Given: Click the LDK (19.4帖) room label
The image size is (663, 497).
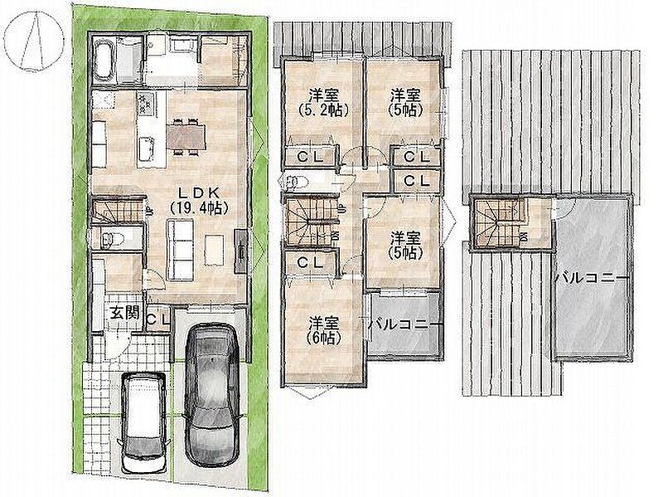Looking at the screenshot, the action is [x=198, y=200].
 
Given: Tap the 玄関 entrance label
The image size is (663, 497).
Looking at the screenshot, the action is [x=125, y=314].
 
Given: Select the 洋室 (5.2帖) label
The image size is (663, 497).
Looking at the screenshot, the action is [x=323, y=102].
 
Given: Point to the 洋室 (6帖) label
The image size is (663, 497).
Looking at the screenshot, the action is [x=323, y=330].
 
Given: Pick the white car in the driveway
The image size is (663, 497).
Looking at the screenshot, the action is [x=143, y=422].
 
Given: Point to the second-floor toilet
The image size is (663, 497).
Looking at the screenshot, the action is [x=297, y=182].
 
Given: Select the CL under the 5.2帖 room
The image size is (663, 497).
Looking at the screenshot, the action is [x=310, y=156].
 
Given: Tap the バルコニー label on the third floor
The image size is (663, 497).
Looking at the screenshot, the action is [x=592, y=278].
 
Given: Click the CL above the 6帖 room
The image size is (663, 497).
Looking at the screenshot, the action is [x=310, y=262].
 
